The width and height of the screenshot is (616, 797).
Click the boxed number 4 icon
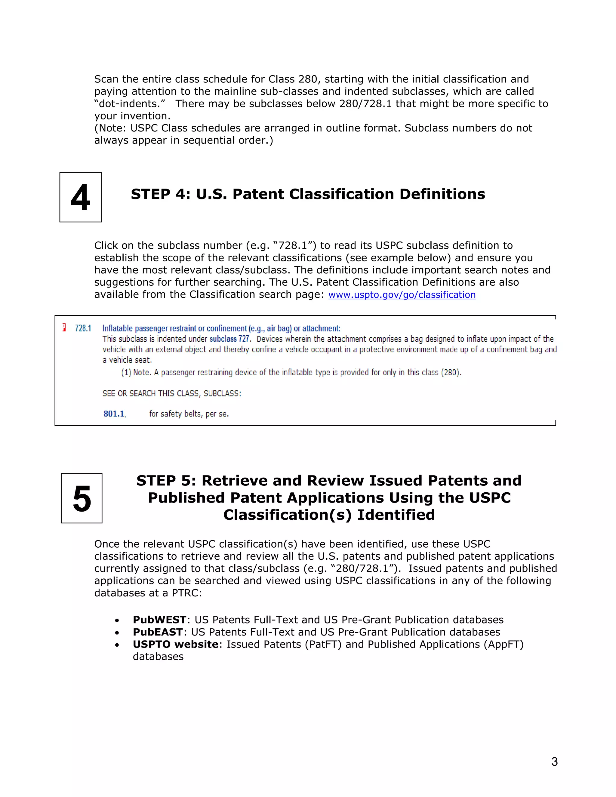(81, 197)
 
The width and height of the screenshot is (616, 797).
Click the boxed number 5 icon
(82, 498)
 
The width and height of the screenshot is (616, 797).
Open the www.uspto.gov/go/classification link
(402, 295)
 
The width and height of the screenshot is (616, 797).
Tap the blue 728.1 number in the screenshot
(83, 328)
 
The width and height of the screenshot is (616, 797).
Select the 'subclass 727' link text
(229, 339)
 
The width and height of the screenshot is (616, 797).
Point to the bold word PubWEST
(159, 620)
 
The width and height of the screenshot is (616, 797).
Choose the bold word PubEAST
(158, 632)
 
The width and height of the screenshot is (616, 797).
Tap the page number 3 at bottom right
(554, 762)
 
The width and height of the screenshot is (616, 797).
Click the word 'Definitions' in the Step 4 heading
(442, 194)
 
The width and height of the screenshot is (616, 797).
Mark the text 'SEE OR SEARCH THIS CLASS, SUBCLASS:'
(171, 393)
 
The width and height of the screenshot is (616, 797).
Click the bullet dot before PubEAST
(117, 633)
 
